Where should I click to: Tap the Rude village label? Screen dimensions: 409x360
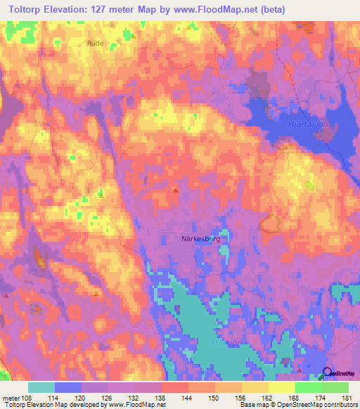pos(95,43)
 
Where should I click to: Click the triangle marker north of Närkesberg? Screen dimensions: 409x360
pos(176,189)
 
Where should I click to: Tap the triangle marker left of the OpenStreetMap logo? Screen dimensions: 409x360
pos(300,370)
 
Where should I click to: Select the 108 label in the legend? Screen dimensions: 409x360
pos(27,398)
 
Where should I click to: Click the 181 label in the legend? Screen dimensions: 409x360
pos(345,398)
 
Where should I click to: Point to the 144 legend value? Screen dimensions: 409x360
pos(187,398)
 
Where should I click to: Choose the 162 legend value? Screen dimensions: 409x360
pos(267,398)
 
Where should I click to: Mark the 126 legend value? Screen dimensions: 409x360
pos(108,398)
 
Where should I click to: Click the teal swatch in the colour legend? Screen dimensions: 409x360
pos(41,387)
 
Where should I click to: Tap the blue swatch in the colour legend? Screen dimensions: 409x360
pos(68,387)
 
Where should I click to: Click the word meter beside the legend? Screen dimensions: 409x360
pos(11,398)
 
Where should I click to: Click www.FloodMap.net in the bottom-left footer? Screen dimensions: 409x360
pos(135,405)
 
